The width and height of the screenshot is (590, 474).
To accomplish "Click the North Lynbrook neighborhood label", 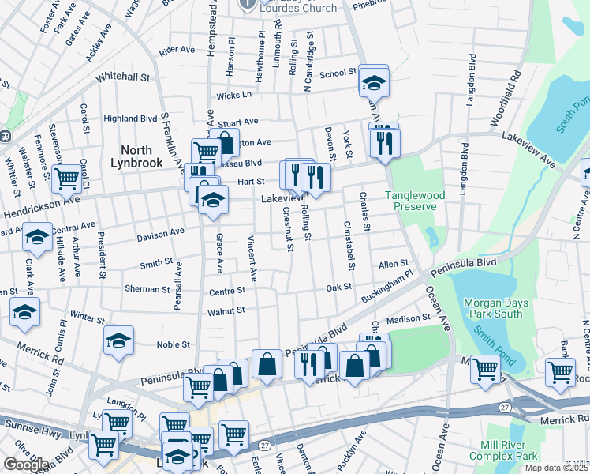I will coord(141,156).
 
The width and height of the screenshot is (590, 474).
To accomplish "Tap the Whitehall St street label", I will coord(122,77).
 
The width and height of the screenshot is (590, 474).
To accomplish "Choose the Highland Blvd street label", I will coord(130,118).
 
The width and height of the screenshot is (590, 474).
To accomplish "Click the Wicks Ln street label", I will coord(234,95).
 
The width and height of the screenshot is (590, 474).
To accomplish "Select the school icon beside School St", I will coord(373,82).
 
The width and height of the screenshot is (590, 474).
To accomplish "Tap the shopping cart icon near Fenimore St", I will coord(67,179).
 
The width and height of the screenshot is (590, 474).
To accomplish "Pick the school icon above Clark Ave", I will coord(37,236).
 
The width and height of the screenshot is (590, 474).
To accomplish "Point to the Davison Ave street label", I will coord(160,233).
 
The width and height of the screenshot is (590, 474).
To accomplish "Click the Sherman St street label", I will coord(142,289).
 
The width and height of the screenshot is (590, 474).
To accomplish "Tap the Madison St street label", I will coord(408,318).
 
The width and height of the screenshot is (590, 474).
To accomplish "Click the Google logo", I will coord(25,465).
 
